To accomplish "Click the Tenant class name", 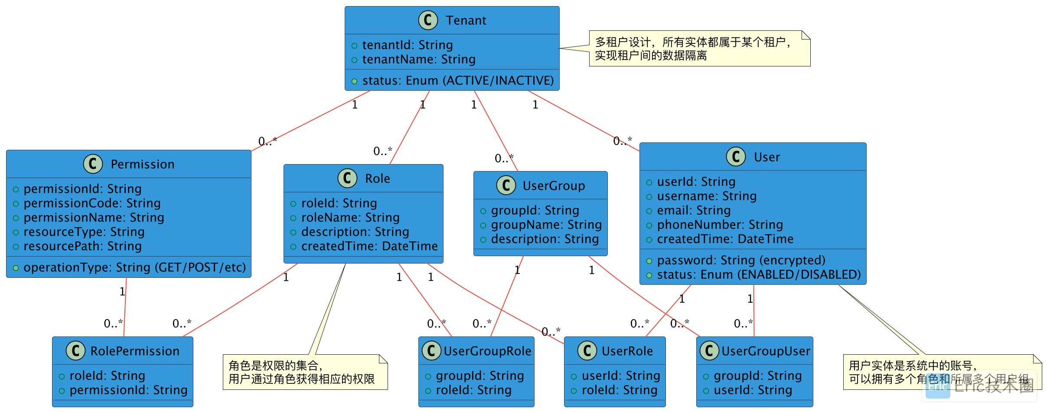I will pos(466,20).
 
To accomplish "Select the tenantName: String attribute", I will pos(418,59).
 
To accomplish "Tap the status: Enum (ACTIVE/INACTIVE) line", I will pos(457,81).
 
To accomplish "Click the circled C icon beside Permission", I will pos(93,164).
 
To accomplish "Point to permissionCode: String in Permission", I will pos(92,203).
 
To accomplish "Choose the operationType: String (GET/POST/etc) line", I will pos(134,267).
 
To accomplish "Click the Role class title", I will pos(377,178).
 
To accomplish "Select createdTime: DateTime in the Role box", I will pos(369,246).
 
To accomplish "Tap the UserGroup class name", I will pos(554,186).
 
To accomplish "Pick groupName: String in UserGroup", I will pos(546,225).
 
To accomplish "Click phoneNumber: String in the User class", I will pos(720,225).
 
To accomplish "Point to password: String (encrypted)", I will pos(741,260).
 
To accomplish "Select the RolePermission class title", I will pos(134,351).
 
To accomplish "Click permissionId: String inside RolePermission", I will pos(128,390).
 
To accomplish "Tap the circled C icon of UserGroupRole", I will pos(431,351).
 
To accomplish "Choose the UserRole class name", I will pos(627,351).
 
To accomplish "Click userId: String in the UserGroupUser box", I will pos(753,390).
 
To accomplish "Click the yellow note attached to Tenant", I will pos(699,49).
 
